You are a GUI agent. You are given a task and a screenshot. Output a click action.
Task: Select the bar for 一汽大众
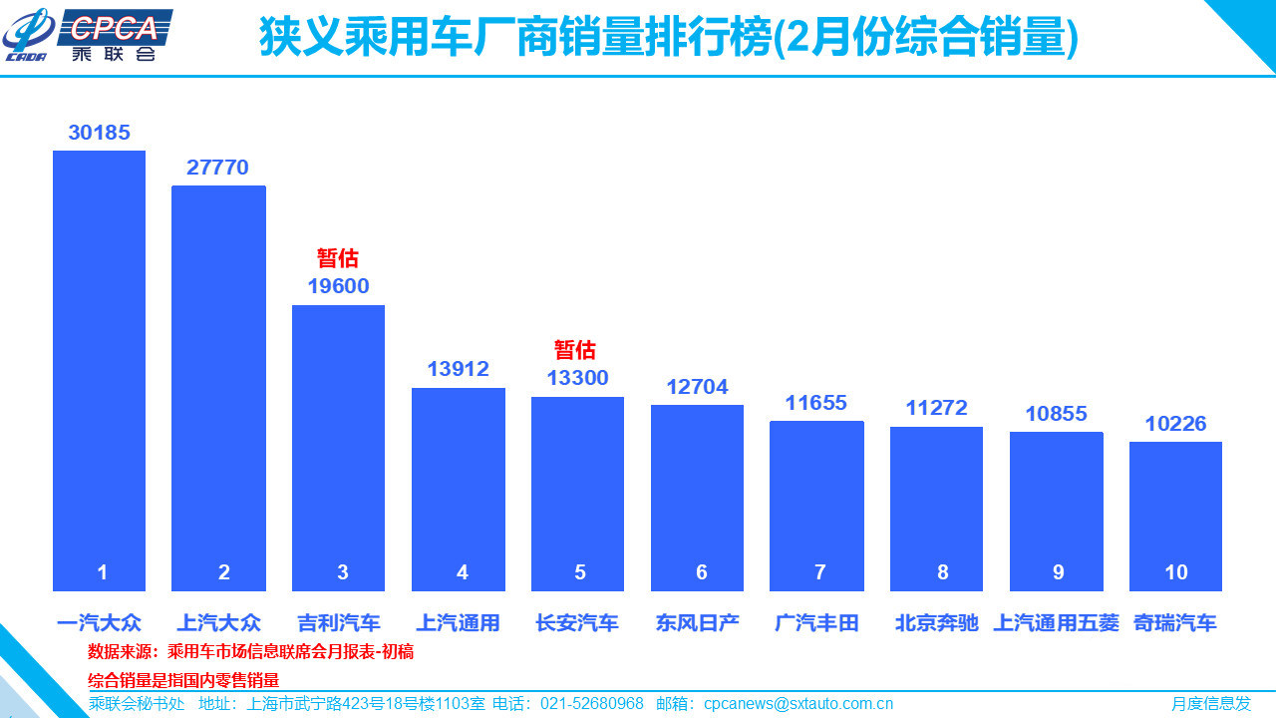point(99,369)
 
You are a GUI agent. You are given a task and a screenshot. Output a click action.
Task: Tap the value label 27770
point(217,168)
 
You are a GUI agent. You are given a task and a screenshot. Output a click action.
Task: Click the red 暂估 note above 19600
point(338,258)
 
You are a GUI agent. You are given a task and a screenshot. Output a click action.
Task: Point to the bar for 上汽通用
point(458,489)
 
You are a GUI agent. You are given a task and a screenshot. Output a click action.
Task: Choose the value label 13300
point(577,378)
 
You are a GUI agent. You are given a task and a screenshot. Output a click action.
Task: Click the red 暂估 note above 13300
point(575,350)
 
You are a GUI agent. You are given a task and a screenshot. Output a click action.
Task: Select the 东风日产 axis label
point(698,623)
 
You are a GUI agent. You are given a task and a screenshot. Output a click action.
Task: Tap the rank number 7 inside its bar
point(819,572)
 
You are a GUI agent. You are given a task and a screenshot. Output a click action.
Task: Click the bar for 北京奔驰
point(936,509)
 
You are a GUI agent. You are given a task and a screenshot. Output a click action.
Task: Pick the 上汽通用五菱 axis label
point(1057,623)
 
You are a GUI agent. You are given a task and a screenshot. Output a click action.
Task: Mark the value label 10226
point(1175,424)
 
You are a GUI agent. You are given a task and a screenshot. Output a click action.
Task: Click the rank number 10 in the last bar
point(1176,572)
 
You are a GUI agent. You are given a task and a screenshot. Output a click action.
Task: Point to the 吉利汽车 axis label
point(339,623)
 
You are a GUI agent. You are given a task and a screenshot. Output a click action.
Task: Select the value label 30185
point(99,133)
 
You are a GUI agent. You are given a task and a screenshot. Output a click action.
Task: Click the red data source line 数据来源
point(250,652)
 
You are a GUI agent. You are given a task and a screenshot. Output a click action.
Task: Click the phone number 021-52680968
point(592,704)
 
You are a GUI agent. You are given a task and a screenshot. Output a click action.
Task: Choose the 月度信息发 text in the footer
point(1210,704)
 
